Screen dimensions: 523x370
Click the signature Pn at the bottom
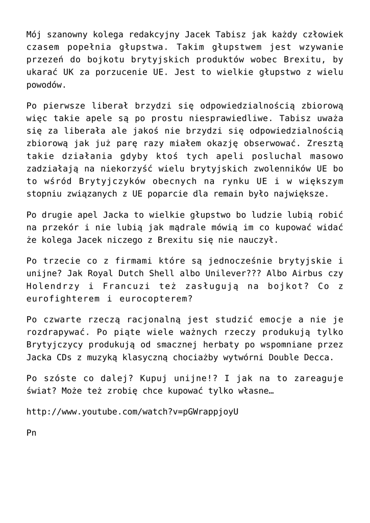coord(31,432)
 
